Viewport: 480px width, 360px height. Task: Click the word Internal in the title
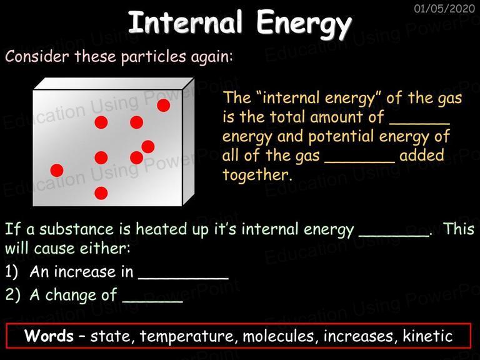point(186,22)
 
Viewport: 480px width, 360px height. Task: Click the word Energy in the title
point(304,24)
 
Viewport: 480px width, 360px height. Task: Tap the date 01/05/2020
point(444,8)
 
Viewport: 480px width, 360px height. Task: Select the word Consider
point(37,56)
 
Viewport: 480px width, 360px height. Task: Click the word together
point(256,175)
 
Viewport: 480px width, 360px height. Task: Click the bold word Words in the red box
point(49,336)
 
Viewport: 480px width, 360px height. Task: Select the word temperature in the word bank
point(188,337)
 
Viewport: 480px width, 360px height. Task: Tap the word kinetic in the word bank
point(427,335)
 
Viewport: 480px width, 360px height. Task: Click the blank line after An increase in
point(183,278)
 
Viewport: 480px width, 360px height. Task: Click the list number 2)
point(13,295)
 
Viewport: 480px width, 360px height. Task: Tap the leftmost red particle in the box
point(57,170)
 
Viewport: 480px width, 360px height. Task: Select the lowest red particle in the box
point(101,193)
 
